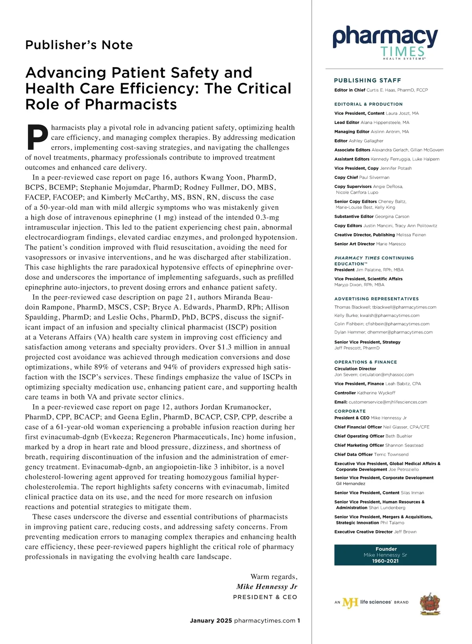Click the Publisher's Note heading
79,45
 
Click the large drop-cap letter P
38,138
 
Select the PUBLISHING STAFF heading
367,80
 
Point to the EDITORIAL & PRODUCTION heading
368,104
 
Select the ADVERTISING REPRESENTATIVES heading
376,299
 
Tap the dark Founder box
385,555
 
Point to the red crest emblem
430,604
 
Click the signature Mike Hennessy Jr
267,587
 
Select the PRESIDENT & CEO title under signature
265,597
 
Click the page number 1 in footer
299,620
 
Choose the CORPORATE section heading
350,411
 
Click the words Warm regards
274,576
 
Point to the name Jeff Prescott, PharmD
357,348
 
